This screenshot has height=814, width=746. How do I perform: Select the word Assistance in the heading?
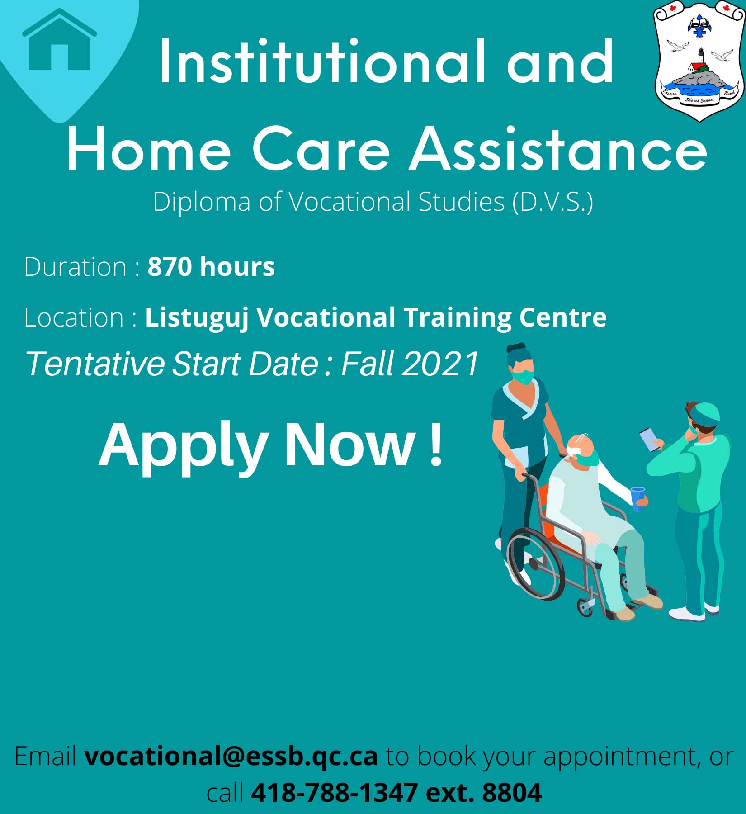coord(558,149)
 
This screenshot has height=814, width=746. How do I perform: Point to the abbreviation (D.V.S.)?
coord(552,202)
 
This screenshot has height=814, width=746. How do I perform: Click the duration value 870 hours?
coord(211,266)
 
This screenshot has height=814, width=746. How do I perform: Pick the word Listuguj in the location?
coord(197,317)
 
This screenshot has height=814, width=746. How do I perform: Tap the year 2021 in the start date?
coord(440,364)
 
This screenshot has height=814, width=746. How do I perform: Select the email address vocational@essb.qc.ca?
coord(231,756)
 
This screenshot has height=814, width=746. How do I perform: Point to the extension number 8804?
coord(512,793)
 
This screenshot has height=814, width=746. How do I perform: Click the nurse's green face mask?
coord(523,377)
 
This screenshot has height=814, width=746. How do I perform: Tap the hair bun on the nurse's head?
coord(516,348)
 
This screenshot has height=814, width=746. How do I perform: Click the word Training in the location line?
coord(458,317)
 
